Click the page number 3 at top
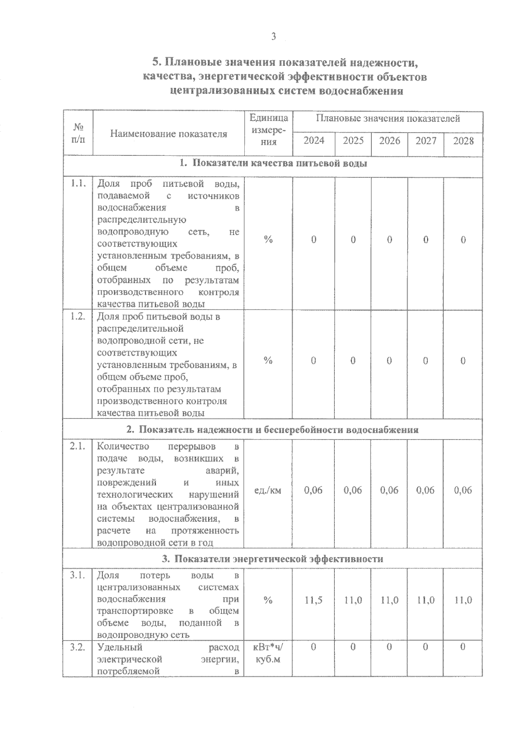pos(273,37)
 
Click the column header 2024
pos(314,141)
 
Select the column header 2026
pos(389,141)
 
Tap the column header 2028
pos(463,141)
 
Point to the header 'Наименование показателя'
pos(168,133)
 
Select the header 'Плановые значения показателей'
pos(388,118)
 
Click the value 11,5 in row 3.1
pos(313,600)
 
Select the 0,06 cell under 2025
pos(353,490)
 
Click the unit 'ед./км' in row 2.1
pos(268,490)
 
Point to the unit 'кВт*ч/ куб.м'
pos(268,653)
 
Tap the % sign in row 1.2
pos(268,361)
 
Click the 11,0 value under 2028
pos(463,600)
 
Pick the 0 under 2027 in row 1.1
pos(426,240)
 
